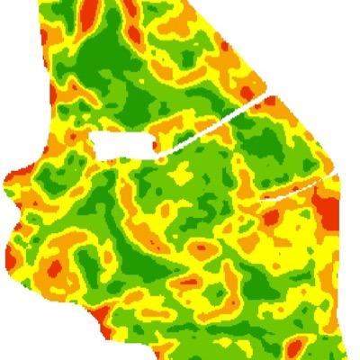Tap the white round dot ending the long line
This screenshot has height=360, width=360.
click(160, 159)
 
